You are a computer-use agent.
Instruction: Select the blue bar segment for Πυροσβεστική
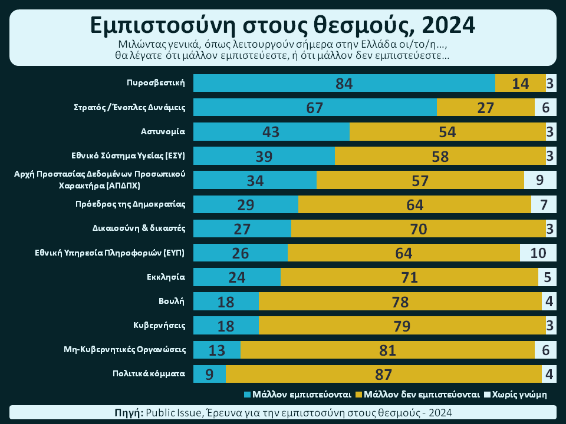[344, 83]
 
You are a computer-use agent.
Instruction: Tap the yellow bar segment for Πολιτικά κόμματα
[383, 373]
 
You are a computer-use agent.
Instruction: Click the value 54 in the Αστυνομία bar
[447, 132]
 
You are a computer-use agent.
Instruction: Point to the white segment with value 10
[538, 253]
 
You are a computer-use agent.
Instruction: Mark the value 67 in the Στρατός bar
[315, 108]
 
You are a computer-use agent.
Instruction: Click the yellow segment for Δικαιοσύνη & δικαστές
[418, 228]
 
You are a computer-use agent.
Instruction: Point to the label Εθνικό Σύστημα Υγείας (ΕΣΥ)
[129, 155]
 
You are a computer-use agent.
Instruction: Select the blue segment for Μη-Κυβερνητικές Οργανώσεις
[216, 349]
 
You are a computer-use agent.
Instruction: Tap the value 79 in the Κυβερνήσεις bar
[402, 325]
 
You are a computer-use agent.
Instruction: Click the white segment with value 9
[539, 180]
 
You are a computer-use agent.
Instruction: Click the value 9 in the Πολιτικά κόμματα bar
[209, 373]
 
